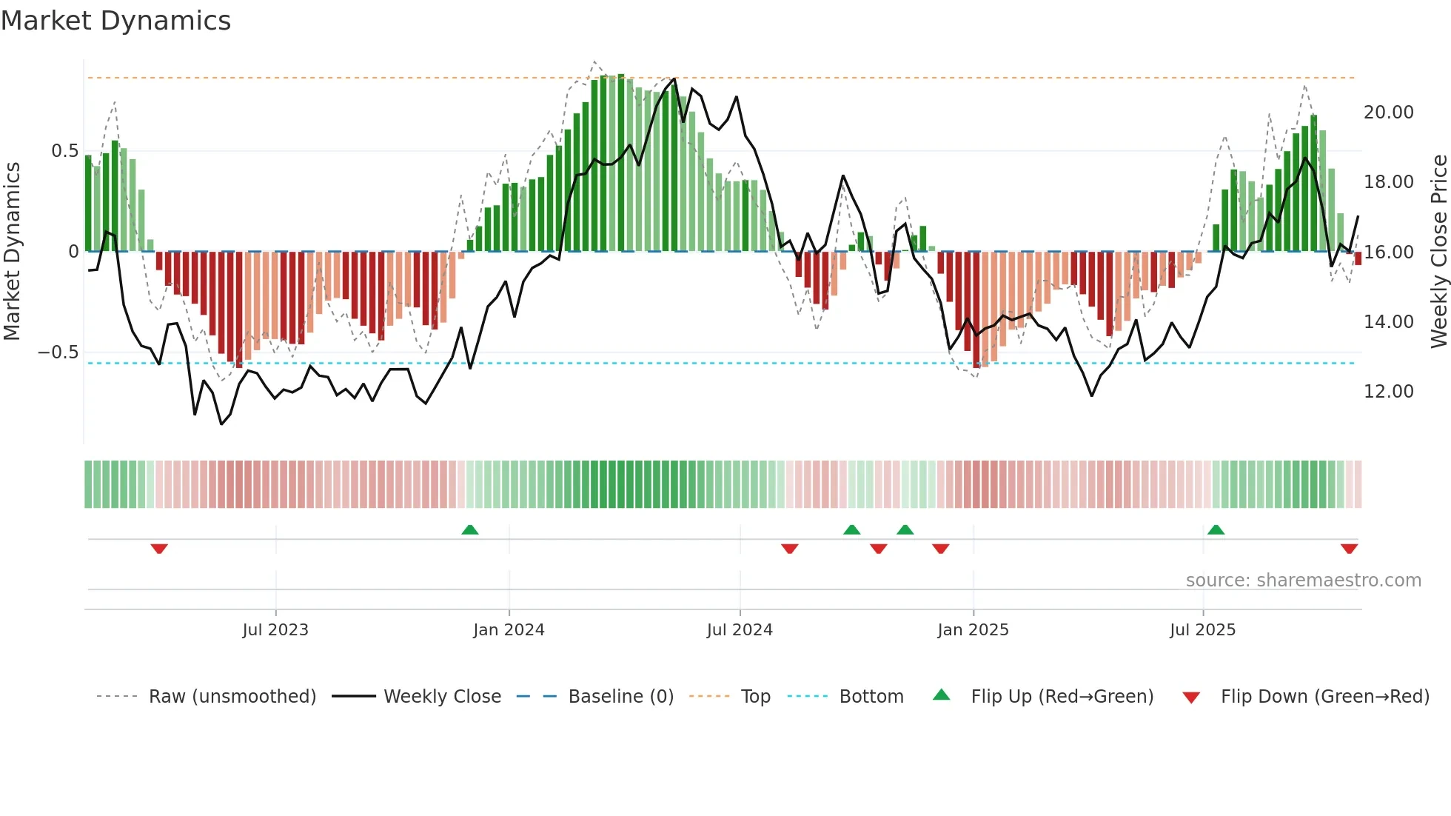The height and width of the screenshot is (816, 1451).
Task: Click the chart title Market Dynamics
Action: (x=115, y=21)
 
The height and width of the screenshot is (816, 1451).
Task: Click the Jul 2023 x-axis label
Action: (x=275, y=629)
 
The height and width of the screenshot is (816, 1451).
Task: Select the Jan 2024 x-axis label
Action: (x=509, y=629)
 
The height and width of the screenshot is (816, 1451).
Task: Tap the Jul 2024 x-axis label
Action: (x=740, y=629)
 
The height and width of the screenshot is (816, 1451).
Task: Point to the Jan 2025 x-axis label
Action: (x=973, y=629)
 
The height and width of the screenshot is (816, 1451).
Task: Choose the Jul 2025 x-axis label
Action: (x=1203, y=629)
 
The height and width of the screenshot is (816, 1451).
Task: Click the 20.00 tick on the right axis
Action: (x=1388, y=113)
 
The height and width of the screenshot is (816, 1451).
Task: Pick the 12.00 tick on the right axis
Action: (x=1388, y=392)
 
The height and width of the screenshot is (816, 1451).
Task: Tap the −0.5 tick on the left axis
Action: (x=58, y=352)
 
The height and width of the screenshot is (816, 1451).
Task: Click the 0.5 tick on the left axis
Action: (x=64, y=151)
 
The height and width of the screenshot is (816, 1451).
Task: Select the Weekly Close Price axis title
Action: (x=1438, y=252)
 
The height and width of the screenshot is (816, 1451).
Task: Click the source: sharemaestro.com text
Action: (x=1303, y=580)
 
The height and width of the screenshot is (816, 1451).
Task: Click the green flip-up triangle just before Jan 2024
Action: (x=470, y=529)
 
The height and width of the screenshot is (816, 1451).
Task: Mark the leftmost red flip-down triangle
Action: (x=159, y=549)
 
